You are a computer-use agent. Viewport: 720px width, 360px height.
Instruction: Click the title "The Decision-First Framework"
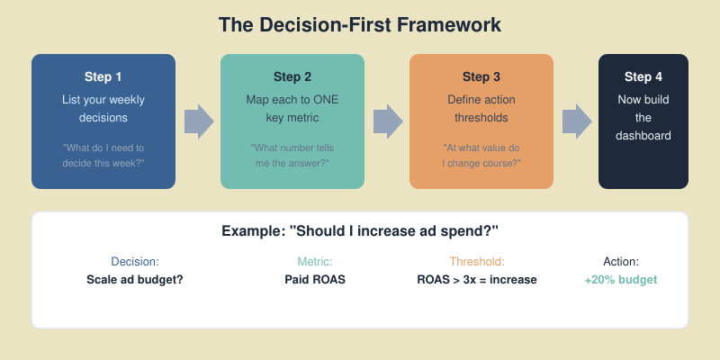[360, 24]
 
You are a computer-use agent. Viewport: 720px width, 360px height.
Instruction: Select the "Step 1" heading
[103, 76]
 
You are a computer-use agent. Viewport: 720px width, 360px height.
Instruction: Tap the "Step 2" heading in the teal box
[292, 76]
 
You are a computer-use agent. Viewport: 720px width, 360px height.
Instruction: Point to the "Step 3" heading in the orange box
[481, 76]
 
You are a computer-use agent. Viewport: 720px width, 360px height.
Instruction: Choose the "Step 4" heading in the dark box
[643, 76]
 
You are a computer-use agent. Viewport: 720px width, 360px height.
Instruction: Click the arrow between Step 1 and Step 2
[198, 121]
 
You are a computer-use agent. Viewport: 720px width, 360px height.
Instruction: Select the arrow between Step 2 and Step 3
[387, 121]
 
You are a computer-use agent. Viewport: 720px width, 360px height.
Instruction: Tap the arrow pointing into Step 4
[576, 121]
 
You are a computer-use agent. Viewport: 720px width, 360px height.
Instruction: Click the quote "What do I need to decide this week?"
[103, 155]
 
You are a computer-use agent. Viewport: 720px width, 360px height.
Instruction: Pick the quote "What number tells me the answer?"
[292, 155]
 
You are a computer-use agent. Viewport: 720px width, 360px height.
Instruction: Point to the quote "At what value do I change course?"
[481, 155]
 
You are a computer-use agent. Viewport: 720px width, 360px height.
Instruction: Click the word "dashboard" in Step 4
[643, 136]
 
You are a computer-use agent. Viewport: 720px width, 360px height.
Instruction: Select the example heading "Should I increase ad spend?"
[360, 231]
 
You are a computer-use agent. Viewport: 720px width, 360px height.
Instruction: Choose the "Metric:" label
[315, 261]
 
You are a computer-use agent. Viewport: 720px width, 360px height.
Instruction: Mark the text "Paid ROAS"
[315, 279]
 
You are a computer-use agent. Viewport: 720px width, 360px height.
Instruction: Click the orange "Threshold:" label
[477, 261]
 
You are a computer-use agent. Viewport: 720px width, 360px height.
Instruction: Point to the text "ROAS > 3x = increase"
[477, 279]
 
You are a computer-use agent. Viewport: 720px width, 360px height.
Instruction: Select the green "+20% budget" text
[621, 279]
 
